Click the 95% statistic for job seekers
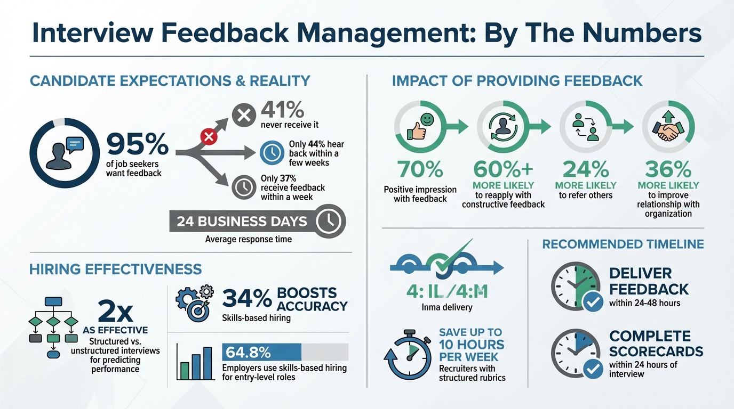(137, 144)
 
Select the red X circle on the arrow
(209, 137)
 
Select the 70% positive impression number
(420, 169)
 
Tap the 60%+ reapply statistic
(503, 169)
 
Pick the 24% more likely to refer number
(586, 169)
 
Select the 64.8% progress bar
(285, 352)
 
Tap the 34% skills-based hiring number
(246, 299)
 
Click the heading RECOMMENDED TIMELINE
(623, 244)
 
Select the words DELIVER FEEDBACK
(648, 281)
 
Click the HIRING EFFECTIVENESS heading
(116, 269)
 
